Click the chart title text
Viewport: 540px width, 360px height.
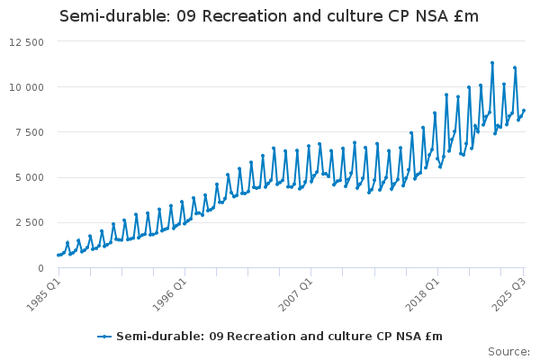[269, 16]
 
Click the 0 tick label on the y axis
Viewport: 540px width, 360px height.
[40, 267]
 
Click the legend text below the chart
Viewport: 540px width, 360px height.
[279, 337]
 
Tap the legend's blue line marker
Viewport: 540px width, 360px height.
[104, 337]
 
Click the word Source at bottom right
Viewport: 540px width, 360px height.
[509, 352]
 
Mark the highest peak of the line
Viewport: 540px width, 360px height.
[492, 63]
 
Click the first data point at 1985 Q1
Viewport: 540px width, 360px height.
[58, 255]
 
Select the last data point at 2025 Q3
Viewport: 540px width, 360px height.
[524, 111]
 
